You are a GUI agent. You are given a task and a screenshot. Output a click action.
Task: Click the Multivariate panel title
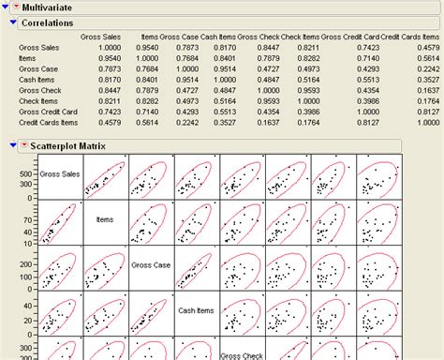(50, 7)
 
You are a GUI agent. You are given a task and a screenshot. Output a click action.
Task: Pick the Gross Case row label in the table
(37, 68)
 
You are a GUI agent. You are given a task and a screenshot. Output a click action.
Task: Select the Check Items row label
(37, 100)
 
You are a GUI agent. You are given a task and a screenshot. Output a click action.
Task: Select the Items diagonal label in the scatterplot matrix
(105, 218)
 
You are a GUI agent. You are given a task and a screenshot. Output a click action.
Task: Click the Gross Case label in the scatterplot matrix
(152, 263)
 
